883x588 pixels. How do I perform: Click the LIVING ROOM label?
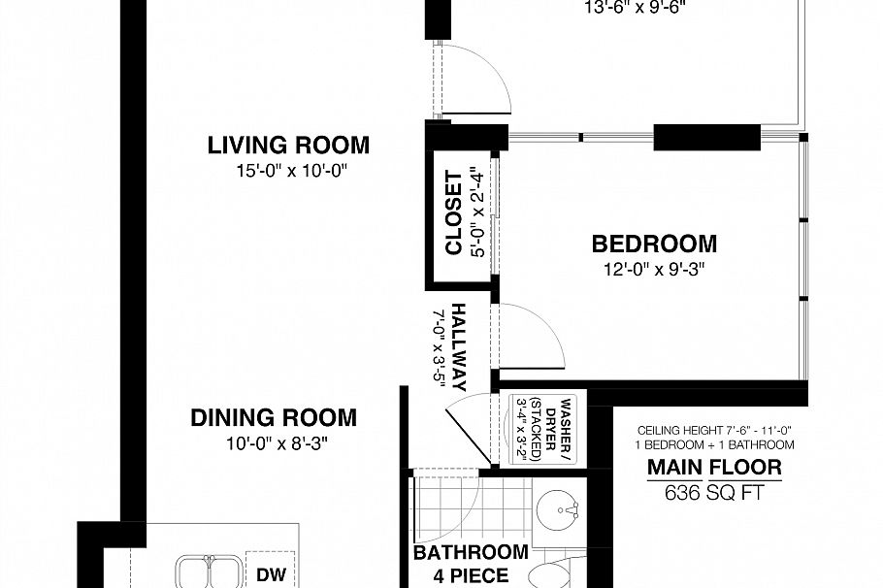click(x=288, y=146)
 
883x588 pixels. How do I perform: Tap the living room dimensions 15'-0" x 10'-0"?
click(x=288, y=171)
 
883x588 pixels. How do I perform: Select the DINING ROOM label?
click(x=273, y=418)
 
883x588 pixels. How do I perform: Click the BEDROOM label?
click(x=654, y=244)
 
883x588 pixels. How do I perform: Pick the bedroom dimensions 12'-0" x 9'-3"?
click(x=651, y=269)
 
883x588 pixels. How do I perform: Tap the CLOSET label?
click(x=453, y=212)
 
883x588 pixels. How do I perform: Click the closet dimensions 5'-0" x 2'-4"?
click(x=476, y=212)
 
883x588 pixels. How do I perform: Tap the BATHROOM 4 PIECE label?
click(x=471, y=564)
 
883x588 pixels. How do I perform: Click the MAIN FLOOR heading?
click(x=714, y=470)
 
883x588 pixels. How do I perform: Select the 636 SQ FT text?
click(x=714, y=492)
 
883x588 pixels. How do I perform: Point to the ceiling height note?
click(x=714, y=430)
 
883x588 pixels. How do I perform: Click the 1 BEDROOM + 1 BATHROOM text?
click(x=714, y=444)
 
